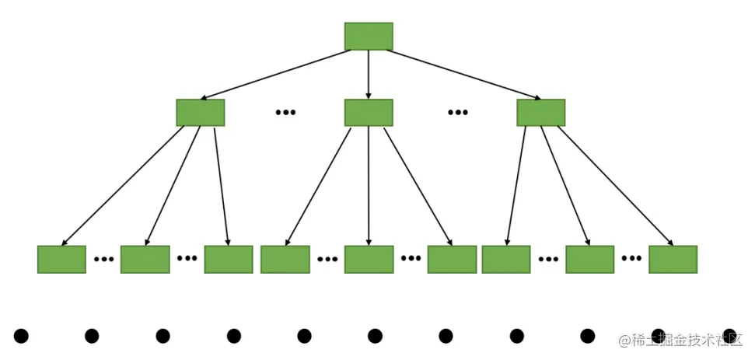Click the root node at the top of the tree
[369, 37]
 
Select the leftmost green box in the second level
[200, 113]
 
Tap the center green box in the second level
[369, 113]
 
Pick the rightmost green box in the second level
[540, 113]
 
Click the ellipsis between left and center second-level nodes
[285, 113]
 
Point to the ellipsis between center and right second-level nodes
[457, 113]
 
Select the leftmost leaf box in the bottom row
[61, 259]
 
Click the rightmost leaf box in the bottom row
[673, 259]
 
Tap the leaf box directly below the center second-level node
[369, 259]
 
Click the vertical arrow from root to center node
[369, 75]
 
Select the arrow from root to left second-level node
[276, 75]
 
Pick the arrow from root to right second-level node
[463, 75]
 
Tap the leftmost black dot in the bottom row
[21, 336]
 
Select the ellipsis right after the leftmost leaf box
[103, 259]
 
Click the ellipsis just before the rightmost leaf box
[631, 259]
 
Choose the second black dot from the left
[92, 336]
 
